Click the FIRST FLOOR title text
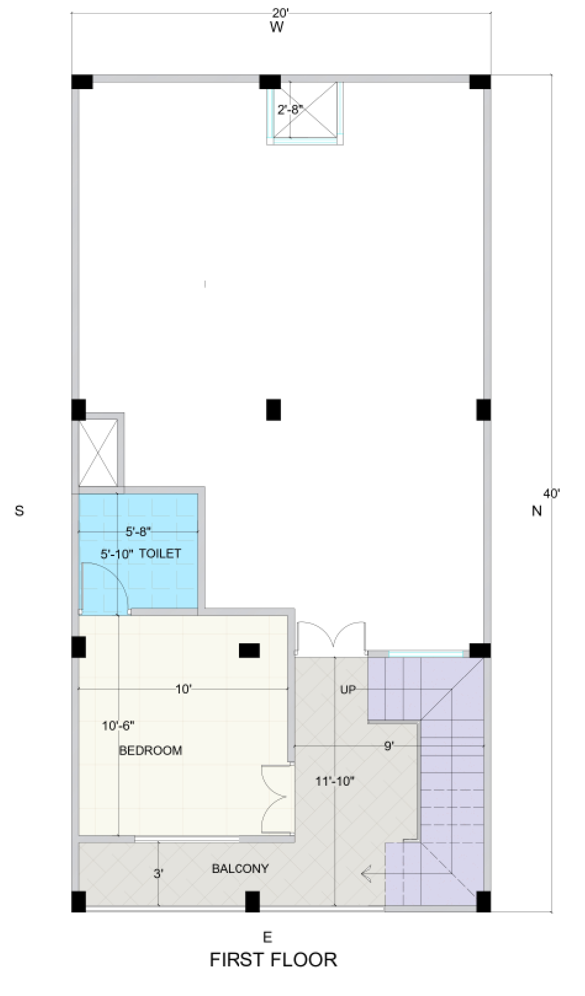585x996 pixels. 273,960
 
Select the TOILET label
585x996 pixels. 160,553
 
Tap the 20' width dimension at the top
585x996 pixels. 281,14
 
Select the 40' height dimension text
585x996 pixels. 551,494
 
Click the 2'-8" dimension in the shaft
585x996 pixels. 290,109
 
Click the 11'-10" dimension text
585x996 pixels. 335,781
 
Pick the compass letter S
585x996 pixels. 19,511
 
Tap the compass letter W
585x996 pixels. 277,27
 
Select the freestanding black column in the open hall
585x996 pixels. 274,410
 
